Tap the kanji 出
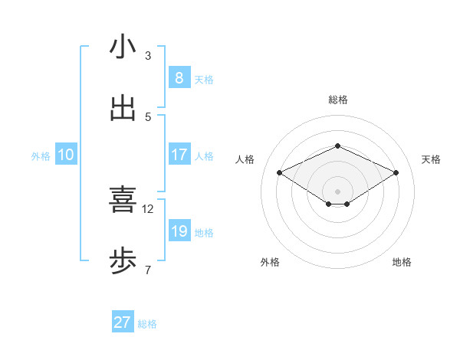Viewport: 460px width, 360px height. tap(123, 109)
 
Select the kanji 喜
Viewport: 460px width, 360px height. tap(123, 200)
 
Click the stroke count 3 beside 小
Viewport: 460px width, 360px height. tap(148, 55)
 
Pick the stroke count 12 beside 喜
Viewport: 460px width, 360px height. tap(148, 208)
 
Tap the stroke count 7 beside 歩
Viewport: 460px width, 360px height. tap(148, 270)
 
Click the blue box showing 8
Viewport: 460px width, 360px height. tap(179, 77)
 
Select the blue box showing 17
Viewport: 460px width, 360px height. tap(179, 155)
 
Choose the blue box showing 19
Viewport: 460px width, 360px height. tap(179, 231)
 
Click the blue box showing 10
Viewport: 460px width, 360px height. tap(66, 155)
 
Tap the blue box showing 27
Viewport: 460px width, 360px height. tap(122, 322)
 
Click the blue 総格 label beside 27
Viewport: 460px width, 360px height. tap(147, 324)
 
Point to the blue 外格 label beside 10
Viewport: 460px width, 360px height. tap(41, 156)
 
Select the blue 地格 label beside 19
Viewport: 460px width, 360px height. tap(204, 233)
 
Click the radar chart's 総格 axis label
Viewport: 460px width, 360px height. tap(337, 100)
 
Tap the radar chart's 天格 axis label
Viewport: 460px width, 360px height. tap(431, 159)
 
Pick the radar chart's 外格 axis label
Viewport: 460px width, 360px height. tap(270, 262)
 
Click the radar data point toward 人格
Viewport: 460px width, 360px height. tap(279, 172)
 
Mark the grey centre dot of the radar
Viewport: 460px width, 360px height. tap(337, 191)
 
